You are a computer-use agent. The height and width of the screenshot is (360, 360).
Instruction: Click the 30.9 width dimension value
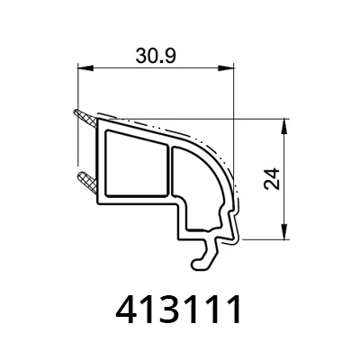[156, 56]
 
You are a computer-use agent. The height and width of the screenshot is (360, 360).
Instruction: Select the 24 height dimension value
[272, 179]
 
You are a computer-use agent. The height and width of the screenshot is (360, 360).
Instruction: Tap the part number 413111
[178, 309]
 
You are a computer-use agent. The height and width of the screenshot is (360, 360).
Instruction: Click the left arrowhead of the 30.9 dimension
[85, 68]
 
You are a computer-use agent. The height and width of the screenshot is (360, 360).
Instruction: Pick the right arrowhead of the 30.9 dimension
[226, 68]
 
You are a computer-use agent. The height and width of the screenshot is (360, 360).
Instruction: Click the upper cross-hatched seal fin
[85, 119]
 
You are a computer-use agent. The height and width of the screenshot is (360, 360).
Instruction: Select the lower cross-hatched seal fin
[87, 182]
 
